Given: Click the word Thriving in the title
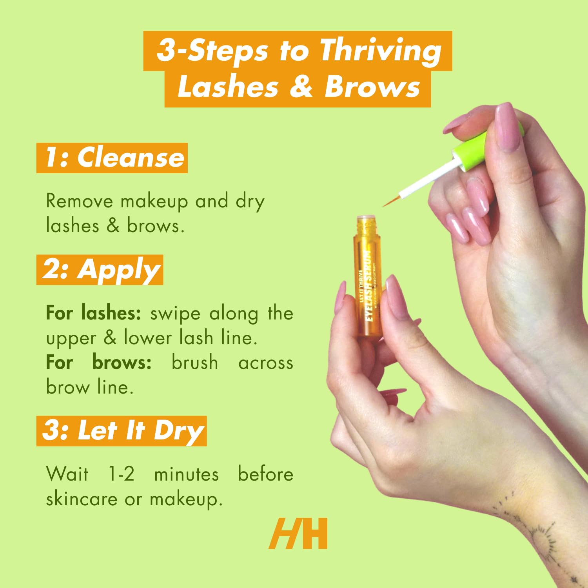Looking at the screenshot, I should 380,51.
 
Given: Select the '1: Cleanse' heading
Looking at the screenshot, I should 112,158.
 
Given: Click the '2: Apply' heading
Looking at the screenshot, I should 100,270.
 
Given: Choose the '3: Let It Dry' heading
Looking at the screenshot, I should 122,431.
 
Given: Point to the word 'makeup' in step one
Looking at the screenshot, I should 154,202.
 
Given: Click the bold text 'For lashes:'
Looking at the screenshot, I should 93,313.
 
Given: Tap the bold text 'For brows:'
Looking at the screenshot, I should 98,362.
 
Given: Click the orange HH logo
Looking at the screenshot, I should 298,534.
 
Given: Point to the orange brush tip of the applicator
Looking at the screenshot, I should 390,201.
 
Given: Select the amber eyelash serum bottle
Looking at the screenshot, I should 368,282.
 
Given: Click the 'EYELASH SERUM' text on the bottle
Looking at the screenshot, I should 368,286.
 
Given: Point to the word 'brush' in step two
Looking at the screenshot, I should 194,362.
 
